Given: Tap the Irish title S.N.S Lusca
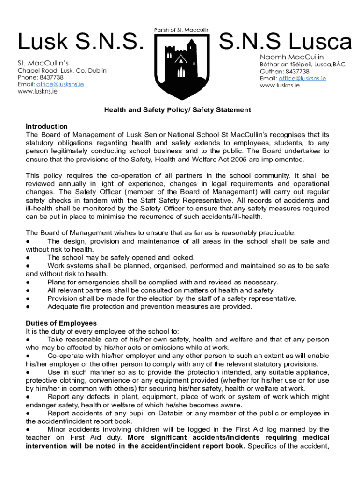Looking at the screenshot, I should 285,43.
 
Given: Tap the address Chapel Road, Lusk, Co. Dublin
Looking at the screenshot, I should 62,71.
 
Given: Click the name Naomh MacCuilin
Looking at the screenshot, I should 291,57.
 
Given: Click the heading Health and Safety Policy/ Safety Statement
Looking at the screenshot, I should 177,110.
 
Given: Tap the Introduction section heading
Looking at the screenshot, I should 47,126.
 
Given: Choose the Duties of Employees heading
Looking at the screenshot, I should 61,323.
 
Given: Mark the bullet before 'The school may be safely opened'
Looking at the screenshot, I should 29,258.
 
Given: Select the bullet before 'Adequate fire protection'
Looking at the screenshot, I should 29,307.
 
